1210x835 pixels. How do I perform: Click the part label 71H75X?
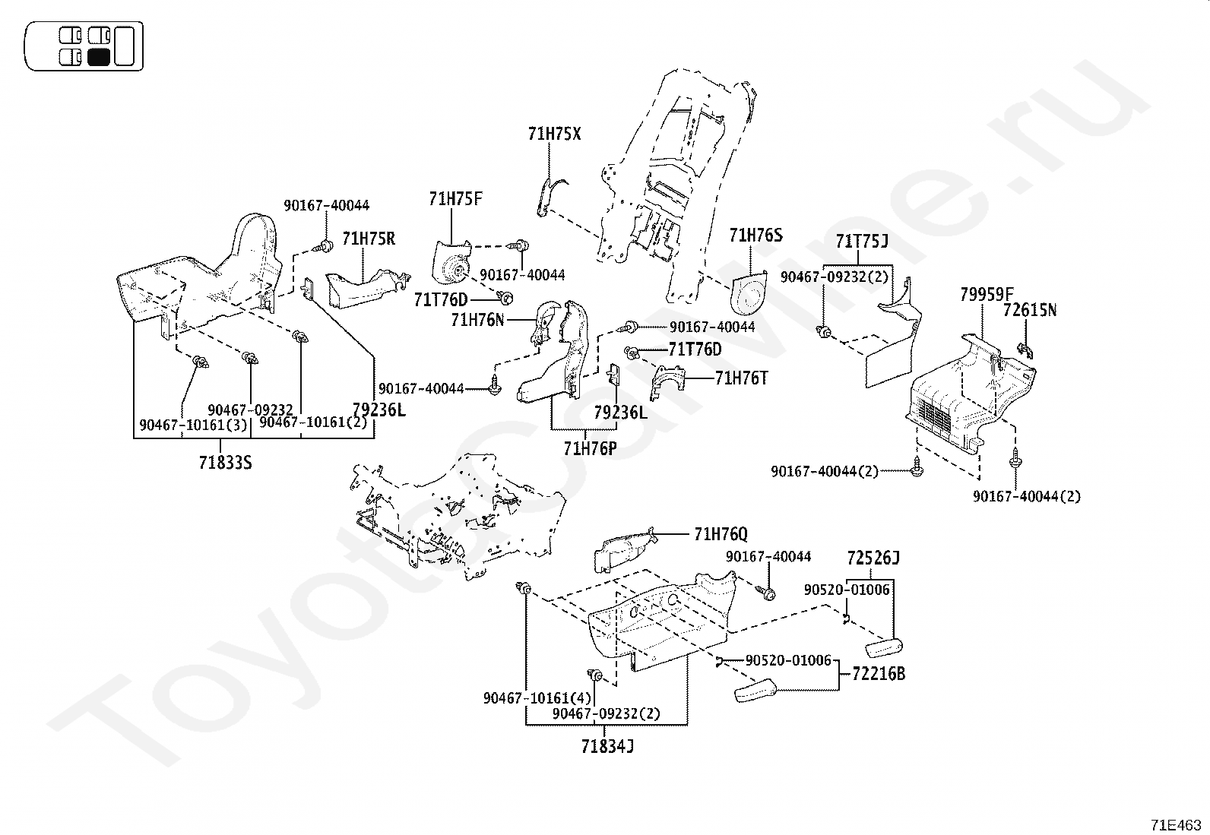tap(554, 134)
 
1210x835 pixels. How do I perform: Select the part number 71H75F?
tap(455, 199)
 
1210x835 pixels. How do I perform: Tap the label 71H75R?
tap(369, 239)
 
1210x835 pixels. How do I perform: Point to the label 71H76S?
tap(755, 236)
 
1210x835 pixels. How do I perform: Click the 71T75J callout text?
tap(862, 242)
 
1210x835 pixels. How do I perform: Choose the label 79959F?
tap(987, 295)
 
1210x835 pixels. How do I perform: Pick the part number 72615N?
tap(1030, 310)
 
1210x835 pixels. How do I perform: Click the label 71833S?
tap(225, 462)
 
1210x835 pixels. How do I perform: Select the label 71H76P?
tap(590, 448)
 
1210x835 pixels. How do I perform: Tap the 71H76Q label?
tap(721, 535)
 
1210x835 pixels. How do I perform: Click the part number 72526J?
tap(873, 558)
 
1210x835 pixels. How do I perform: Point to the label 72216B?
tap(879, 673)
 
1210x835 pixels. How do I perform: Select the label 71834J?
tap(607, 747)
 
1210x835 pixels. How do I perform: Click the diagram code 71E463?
tap(1176, 824)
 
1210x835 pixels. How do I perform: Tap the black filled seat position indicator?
tap(100, 56)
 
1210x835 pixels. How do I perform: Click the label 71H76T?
tap(741, 378)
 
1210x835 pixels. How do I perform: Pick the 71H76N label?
tap(477, 320)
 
